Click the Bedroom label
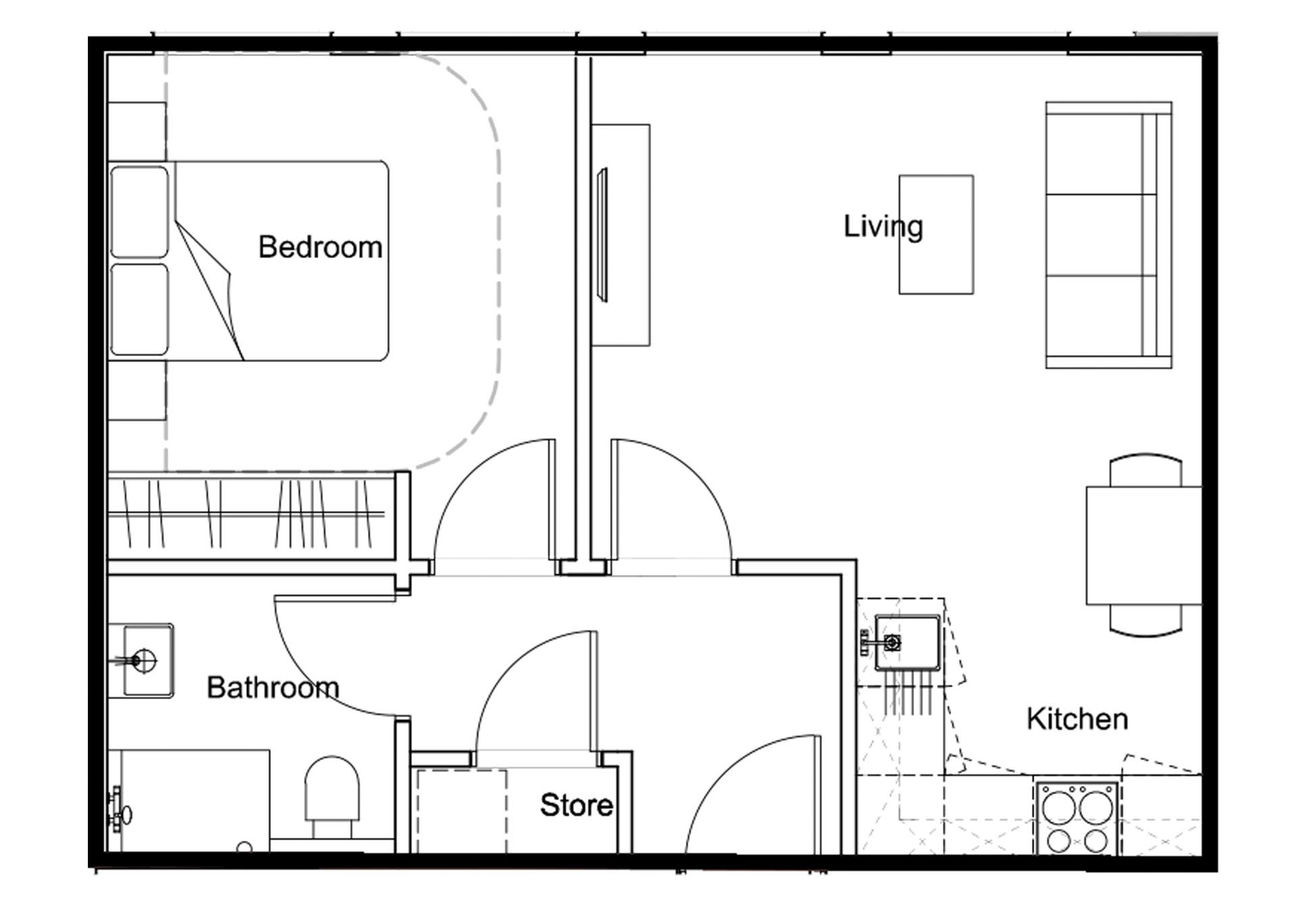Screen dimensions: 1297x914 [320, 247]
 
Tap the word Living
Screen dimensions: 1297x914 [883, 226]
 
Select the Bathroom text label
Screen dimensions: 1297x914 [273, 688]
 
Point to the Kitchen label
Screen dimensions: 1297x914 [1077, 719]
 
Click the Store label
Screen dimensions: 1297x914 [576, 805]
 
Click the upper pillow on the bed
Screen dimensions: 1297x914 [139, 212]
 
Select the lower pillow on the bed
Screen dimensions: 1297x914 [139, 309]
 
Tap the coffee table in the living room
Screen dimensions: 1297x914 [936, 234]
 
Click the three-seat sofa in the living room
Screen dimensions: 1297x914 [1109, 235]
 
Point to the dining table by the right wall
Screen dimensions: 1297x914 [1144, 545]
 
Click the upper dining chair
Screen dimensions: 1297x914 [1146, 470]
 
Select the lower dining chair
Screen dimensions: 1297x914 [1146, 621]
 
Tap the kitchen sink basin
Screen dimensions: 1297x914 [907, 642]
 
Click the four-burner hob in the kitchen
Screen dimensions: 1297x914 [1076, 818]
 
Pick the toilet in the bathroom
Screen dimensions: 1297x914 [332, 795]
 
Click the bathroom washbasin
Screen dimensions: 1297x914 [148, 661]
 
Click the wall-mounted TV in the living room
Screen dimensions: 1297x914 [602, 235]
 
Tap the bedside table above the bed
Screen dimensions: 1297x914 [137, 132]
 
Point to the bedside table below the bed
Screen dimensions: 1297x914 [137, 390]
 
